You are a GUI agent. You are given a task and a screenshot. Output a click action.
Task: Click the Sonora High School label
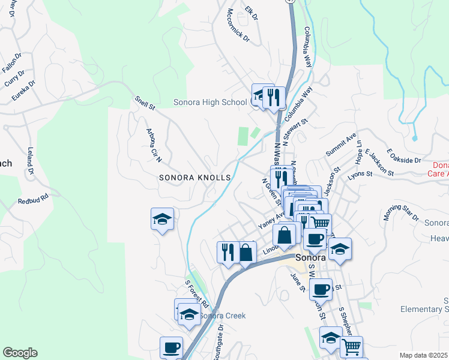point(210,102)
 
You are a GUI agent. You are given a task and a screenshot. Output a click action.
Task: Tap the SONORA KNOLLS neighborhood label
point(195,178)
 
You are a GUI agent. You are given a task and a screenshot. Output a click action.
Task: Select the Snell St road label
point(145,104)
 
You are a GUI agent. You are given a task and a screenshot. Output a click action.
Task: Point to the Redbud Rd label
point(32,199)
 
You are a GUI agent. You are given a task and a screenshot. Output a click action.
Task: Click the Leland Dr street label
point(29,158)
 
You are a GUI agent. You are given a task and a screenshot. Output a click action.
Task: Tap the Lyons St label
point(360,174)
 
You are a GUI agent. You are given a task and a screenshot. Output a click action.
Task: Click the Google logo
point(20,353)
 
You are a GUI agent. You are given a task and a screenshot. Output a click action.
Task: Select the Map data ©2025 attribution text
point(424,355)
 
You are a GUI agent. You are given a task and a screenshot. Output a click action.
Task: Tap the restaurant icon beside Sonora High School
point(274,97)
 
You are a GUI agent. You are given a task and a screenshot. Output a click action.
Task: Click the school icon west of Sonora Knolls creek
point(162,220)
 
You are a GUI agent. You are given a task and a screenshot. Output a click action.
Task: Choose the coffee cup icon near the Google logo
point(172,348)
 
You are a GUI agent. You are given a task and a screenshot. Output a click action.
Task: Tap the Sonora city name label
point(310,257)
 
